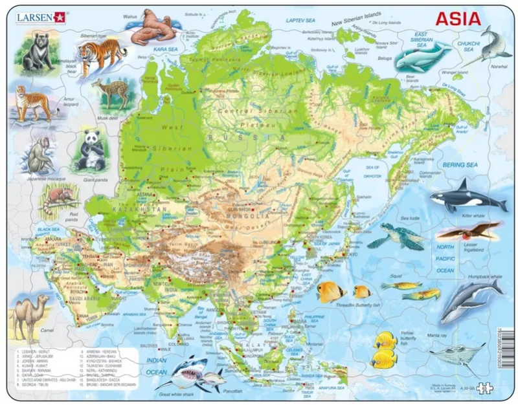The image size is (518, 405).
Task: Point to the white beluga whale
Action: (x=422, y=57)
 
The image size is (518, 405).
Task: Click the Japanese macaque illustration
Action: (x=40, y=155)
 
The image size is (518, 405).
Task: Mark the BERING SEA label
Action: (x=460, y=166)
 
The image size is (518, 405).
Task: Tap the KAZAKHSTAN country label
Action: (x=129, y=210)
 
